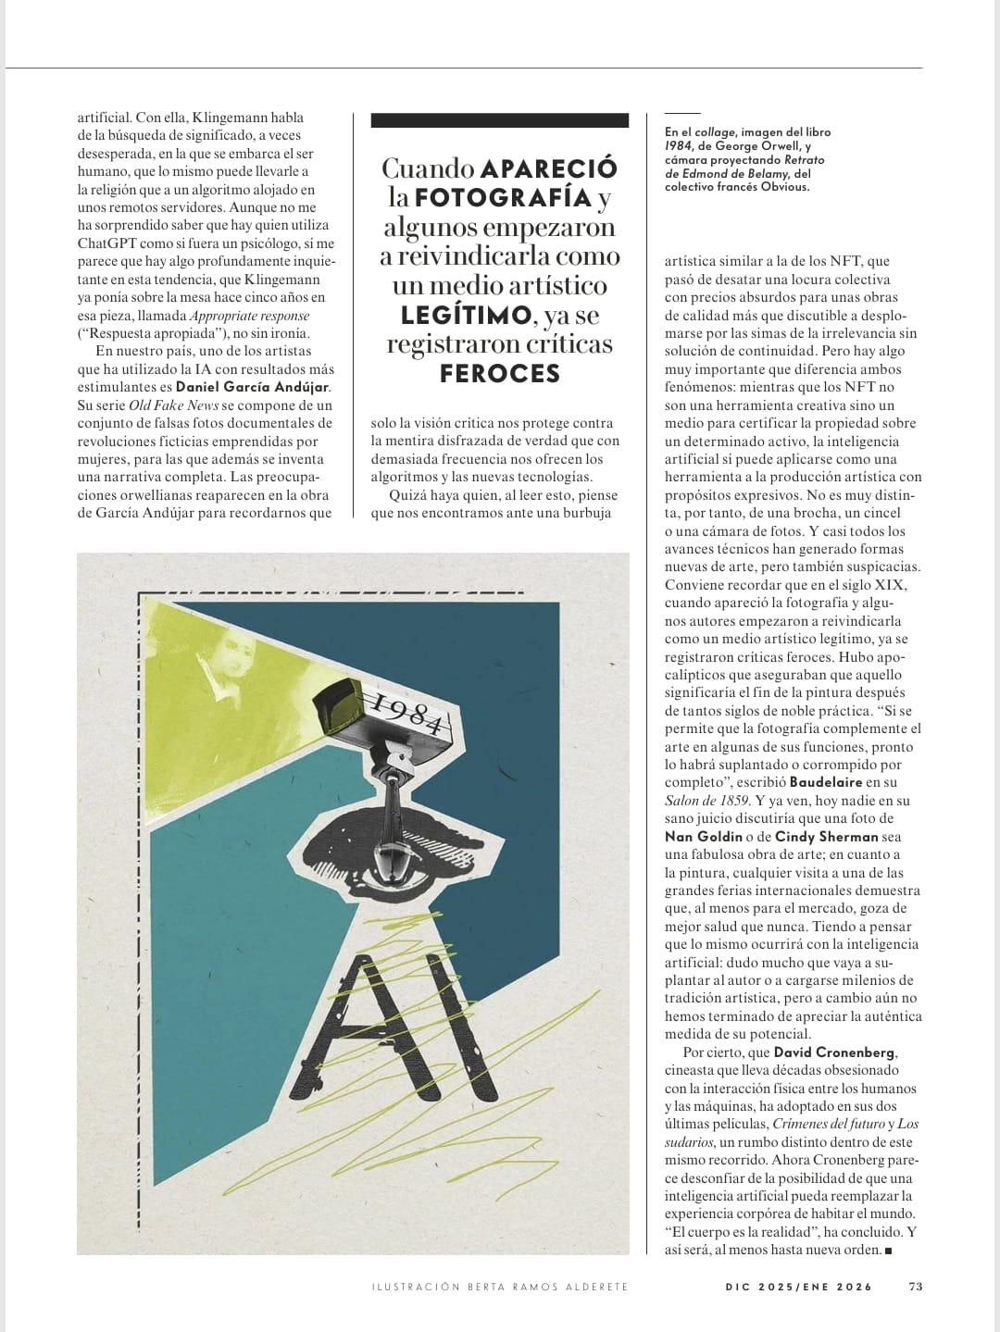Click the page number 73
916,1286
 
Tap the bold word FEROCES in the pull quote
500,374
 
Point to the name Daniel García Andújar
252,387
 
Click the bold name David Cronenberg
834,1052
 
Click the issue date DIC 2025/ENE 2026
798,1286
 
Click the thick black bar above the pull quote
499,120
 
